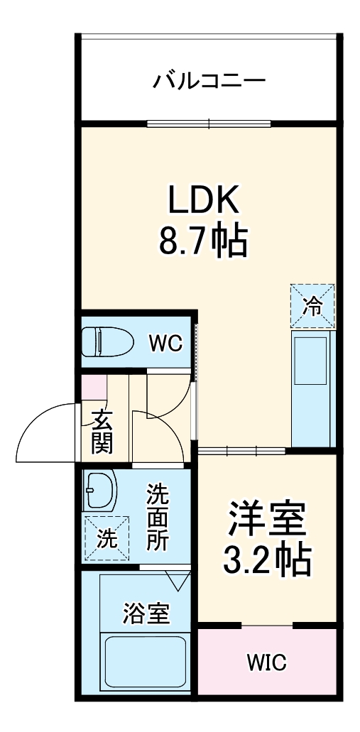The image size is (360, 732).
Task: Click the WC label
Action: pyautogui.click(x=165, y=342)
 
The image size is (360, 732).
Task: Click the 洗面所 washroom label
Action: pyautogui.click(x=158, y=517)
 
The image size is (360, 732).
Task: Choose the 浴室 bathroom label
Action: pyautogui.click(x=146, y=613)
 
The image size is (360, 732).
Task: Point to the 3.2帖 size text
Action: pyautogui.click(x=266, y=560)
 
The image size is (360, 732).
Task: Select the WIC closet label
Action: pyautogui.click(x=266, y=663)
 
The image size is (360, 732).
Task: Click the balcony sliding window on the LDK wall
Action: pyautogui.click(x=209, y=124)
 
